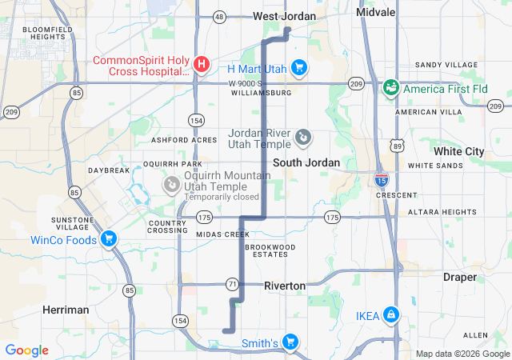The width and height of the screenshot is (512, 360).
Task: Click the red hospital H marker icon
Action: (202, 63)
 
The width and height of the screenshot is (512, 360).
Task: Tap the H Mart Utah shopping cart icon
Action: (298, 67)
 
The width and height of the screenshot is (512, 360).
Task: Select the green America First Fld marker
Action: (391, 86)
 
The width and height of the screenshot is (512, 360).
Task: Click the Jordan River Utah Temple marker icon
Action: (303, 138)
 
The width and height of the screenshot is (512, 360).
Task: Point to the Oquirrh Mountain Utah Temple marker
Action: (171, 185)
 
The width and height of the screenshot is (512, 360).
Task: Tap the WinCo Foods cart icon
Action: (109, 239)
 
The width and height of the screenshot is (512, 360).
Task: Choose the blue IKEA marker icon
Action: (390, 315)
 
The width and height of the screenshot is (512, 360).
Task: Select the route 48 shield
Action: (219, 16)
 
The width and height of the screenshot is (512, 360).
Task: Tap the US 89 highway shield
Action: (398, 144)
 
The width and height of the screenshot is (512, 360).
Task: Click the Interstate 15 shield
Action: (382, 180)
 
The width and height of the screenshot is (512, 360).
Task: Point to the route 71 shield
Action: (232, 284)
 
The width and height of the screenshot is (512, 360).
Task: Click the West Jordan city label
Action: (284, 16)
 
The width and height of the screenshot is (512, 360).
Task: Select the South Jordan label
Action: (306, 162)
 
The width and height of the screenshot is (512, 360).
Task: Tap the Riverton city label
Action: (285, 286)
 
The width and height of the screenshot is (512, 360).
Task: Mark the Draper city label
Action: (459, 277)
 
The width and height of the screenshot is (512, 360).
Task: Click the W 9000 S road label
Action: (244, 83)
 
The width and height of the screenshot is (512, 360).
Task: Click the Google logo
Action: (26, 350)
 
